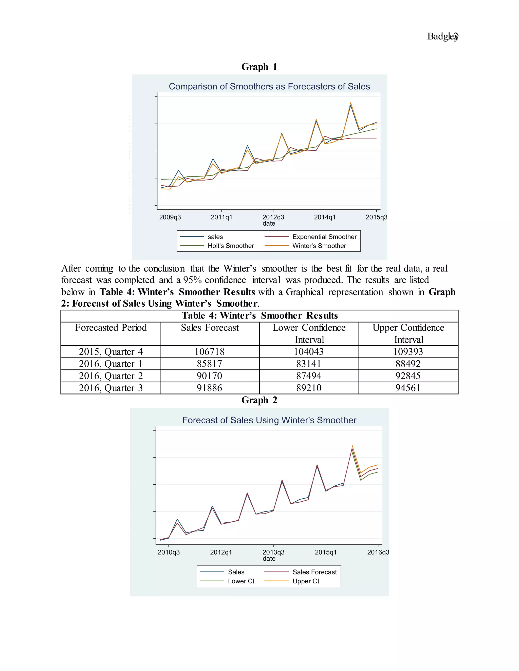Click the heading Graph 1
pos(259,67)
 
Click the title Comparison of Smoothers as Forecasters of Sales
pos(269,87)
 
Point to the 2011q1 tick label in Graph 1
pos(221,218)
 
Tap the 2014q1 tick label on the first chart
pos(325,218)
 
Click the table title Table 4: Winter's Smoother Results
pos(259,315)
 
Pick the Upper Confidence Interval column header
pos(408,333)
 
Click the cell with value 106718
pos(210,352)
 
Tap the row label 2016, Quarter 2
pos(111,376)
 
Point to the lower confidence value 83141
pos(309,364)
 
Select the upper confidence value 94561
pos(408,388)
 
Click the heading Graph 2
pos(259,400)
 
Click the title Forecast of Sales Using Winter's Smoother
pos(269,420)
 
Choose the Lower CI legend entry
pos(241,581)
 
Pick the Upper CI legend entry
pos(305,581)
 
